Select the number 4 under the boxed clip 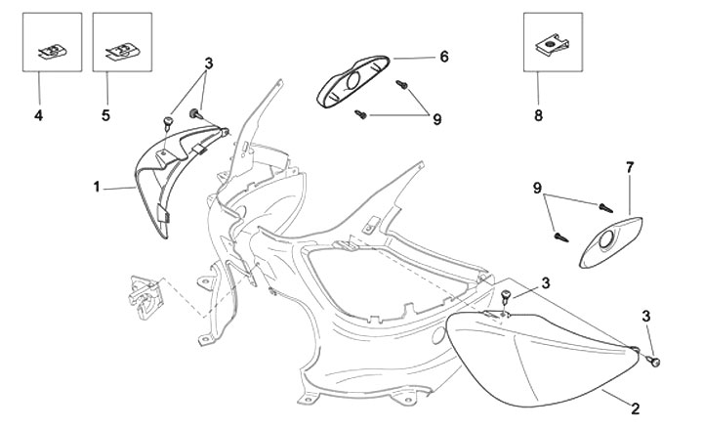38,115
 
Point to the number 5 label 105,115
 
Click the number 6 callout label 443,57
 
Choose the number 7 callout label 629,167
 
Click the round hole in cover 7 611,235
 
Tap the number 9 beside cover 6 437,118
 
